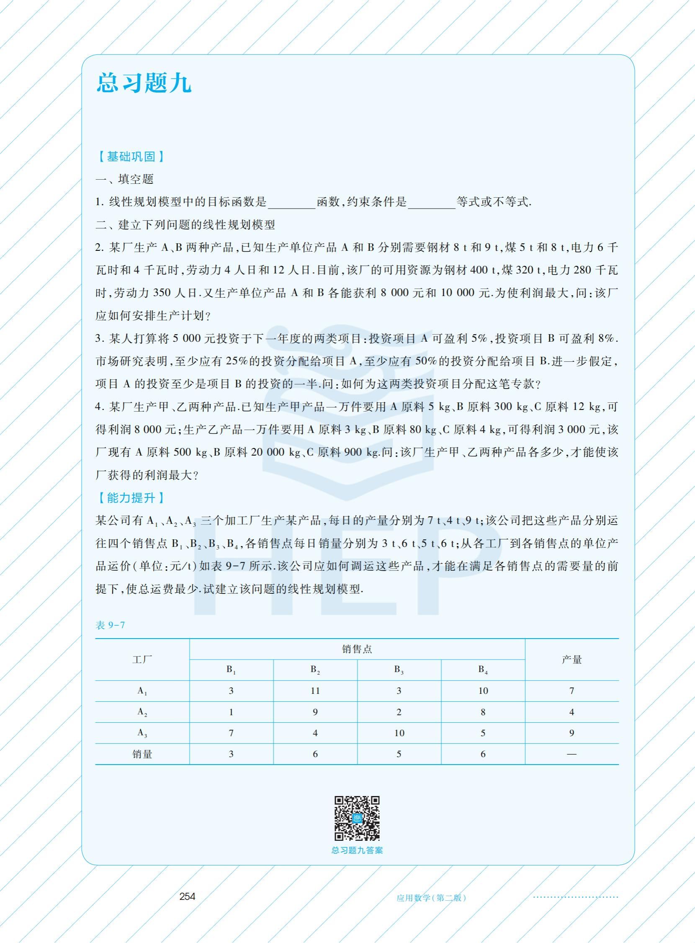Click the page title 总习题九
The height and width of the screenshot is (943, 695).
[x=144, y=82]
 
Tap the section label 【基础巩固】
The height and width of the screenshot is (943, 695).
[x=131, y=157]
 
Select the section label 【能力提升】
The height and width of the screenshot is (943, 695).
[x=131, y=498]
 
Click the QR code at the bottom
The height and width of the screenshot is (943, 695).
[x=357, y=819]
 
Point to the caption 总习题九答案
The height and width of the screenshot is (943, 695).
[x=357, y=850]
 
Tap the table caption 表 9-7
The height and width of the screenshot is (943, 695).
[x=110, y=625]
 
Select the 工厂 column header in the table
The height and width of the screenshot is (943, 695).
[x=142, y=660]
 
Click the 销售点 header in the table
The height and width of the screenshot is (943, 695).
[x=357, y=649]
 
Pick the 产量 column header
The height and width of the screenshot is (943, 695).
[x=572, y=660]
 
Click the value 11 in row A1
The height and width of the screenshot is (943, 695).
[x=315, y=691]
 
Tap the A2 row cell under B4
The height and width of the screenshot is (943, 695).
[x=483, y=712]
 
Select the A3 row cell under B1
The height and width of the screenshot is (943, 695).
[x=231, y=733]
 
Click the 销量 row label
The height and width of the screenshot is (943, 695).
[x=142, y=754]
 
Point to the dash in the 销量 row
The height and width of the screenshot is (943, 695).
[x=572, y=754]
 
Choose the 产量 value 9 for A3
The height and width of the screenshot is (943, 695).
[x=572, y=733]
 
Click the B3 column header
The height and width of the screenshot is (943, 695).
[x=399, y=670]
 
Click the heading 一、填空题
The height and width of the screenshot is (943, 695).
[x=124, y=179]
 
